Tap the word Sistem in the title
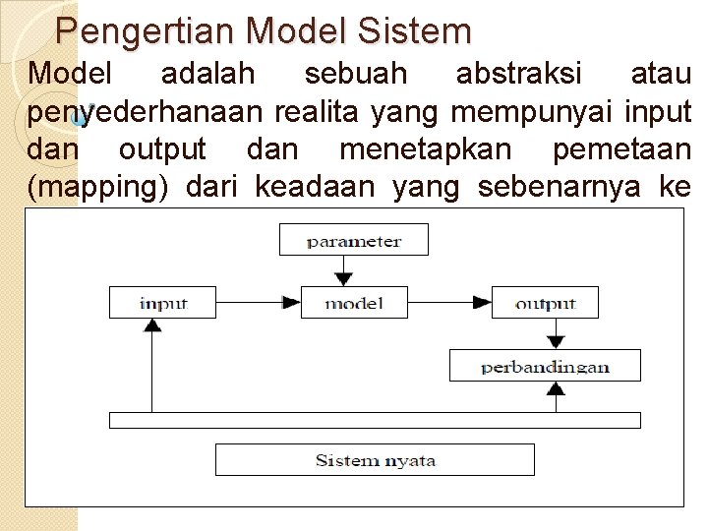(417, 31)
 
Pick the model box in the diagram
(354, 302)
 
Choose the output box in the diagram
(544, 302)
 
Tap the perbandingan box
(545, 367)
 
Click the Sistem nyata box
(375, 459)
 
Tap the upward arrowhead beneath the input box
(152, 324)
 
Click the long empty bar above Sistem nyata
(375, 420)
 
